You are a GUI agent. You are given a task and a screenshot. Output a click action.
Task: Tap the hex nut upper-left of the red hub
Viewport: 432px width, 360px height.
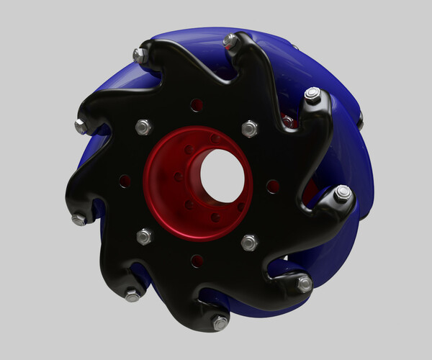point(143,127)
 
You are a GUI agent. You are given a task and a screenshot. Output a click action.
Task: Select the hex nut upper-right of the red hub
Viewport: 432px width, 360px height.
point(249,128)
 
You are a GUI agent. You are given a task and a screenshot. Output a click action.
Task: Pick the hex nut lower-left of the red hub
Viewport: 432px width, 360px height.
point(144,236)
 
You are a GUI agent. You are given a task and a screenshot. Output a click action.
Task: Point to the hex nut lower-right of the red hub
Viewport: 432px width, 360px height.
point(249,242)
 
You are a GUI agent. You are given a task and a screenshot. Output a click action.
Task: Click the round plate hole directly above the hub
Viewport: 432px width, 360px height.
point(197,105)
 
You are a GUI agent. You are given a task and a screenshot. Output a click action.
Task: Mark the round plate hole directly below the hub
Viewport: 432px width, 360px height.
point(197,261)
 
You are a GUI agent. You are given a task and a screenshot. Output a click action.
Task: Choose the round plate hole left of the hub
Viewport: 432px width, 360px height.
point(125,180)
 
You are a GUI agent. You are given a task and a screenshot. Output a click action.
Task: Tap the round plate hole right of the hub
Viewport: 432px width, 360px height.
point(273,186)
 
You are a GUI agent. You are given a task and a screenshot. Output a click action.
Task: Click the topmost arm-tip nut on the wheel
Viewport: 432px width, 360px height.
point(231,41)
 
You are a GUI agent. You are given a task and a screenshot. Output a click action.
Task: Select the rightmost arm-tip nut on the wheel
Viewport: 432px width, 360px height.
point(343,193)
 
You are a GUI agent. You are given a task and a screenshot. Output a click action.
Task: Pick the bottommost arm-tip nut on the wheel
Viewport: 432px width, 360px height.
point(220,323)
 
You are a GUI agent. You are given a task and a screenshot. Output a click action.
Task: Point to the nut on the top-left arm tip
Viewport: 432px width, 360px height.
point(140,55)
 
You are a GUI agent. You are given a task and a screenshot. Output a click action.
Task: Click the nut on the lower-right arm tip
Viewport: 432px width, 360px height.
point(305,284)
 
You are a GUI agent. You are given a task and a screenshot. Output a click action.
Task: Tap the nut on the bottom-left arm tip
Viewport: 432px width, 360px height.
point(132,294)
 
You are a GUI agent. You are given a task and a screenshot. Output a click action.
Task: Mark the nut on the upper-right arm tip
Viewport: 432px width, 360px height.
point(312,94)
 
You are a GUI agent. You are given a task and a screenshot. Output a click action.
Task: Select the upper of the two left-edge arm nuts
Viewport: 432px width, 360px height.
point(81,126)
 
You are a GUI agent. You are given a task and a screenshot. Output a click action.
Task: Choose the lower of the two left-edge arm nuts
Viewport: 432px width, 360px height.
point(78,219)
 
